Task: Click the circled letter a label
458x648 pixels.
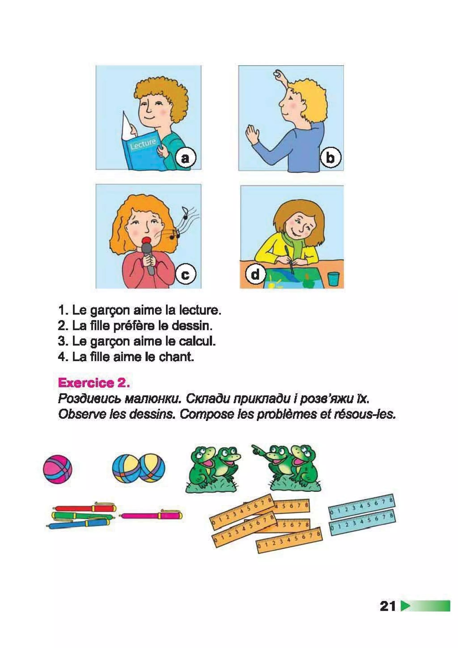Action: [x=185, y=158]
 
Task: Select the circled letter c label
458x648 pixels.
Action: [x=185, y=274]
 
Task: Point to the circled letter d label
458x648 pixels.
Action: [x=255, y=274]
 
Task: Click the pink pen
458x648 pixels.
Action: [x=152, y=515]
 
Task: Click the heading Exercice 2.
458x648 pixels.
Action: [x=94, y=383]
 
